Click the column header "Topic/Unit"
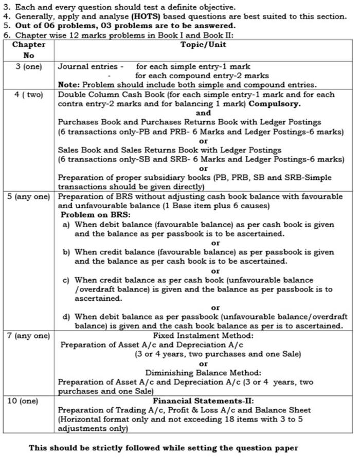coord(203,45)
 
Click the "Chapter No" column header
coord(28,50)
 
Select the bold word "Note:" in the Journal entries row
coord(68,85)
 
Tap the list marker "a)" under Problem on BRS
coord(66,225)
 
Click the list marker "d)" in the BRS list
coord(66,317)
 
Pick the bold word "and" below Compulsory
coord(203,113)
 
